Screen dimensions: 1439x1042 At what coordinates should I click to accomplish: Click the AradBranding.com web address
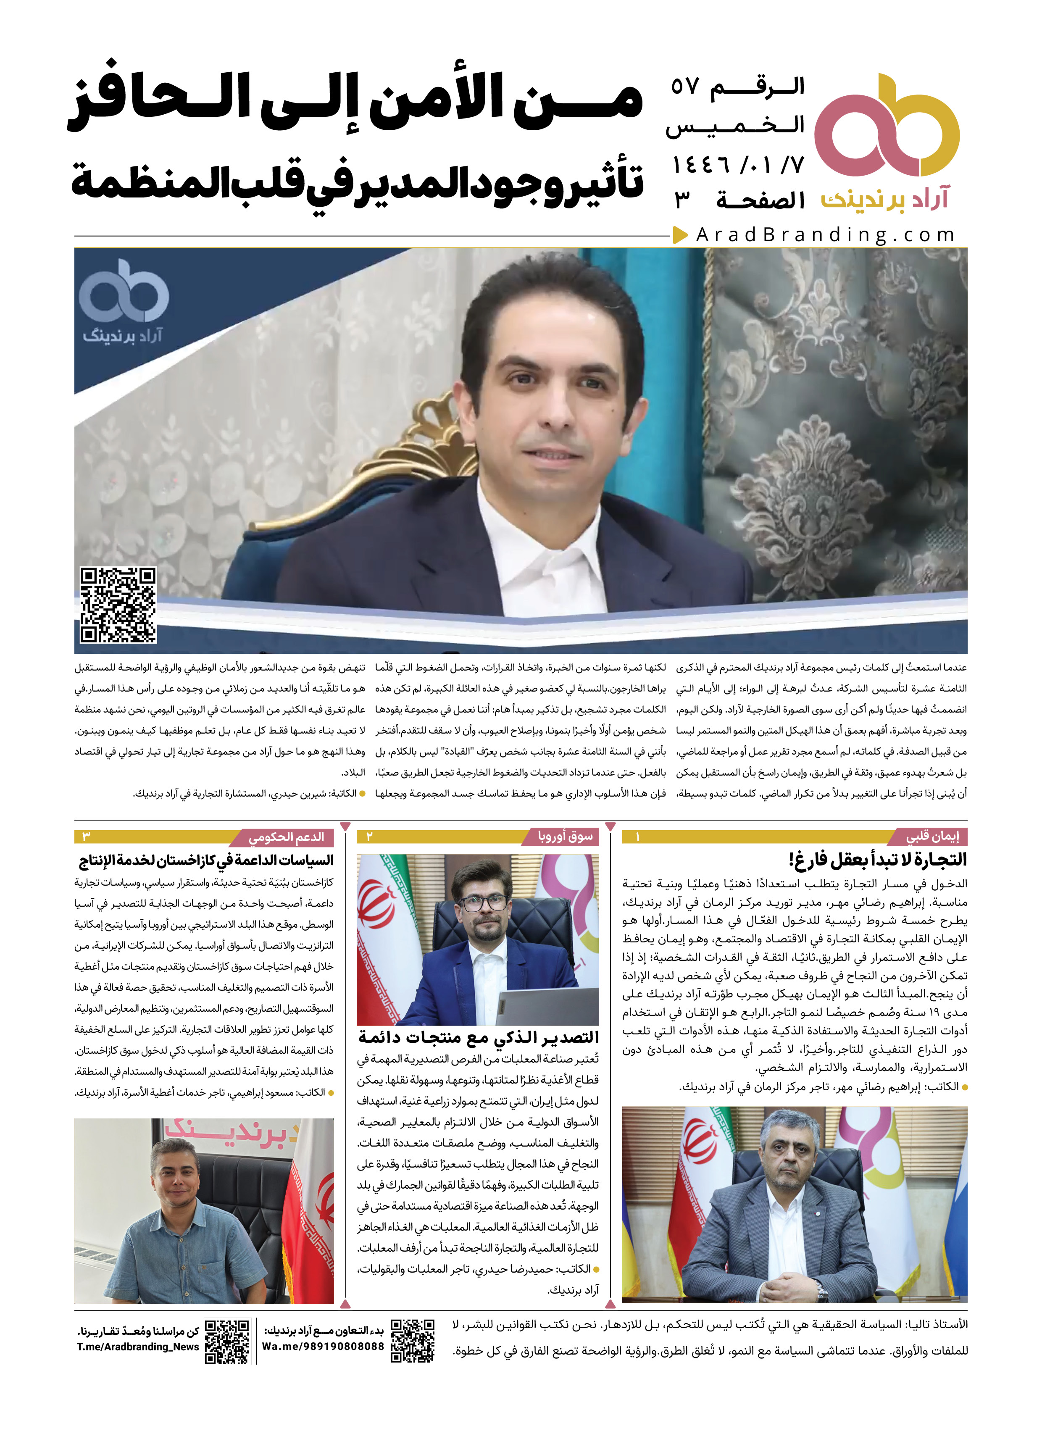pos(825,235)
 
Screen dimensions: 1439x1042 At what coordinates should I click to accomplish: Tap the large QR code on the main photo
pos(118,605)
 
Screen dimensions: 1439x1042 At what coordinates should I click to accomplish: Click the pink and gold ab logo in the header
pos(887,127)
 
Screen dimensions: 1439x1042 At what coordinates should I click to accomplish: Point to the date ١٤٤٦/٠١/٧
pos(738,166)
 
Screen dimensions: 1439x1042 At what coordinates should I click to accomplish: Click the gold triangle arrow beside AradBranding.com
pos(680,235)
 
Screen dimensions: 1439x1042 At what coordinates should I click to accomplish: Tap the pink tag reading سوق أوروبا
pos(566,837)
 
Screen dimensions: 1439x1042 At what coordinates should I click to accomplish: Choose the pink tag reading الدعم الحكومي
pos(287,837)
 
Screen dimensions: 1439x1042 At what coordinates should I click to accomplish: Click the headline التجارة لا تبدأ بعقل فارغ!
pos(877,860)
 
